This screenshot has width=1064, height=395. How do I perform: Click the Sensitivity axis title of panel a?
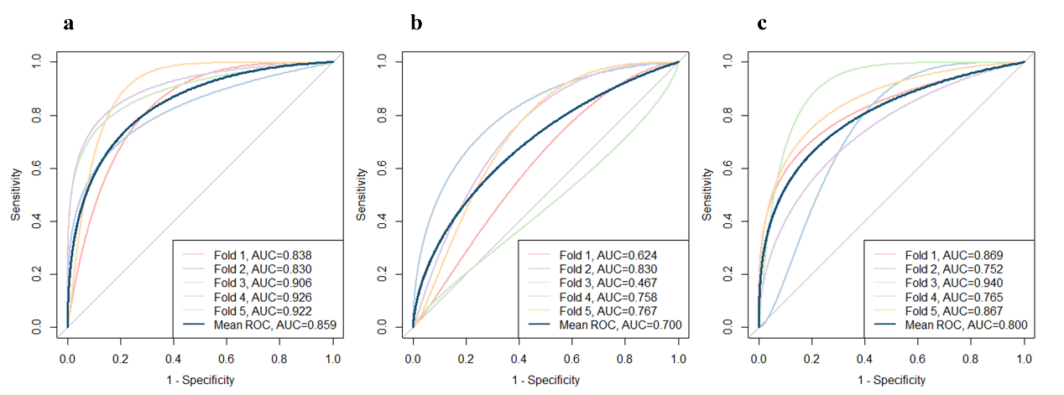pos(16,194)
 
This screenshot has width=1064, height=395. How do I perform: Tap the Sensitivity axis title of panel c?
pos(707,194)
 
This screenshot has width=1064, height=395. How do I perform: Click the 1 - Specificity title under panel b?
pos(545,380)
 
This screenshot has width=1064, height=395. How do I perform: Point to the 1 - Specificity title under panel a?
pos(200,380)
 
